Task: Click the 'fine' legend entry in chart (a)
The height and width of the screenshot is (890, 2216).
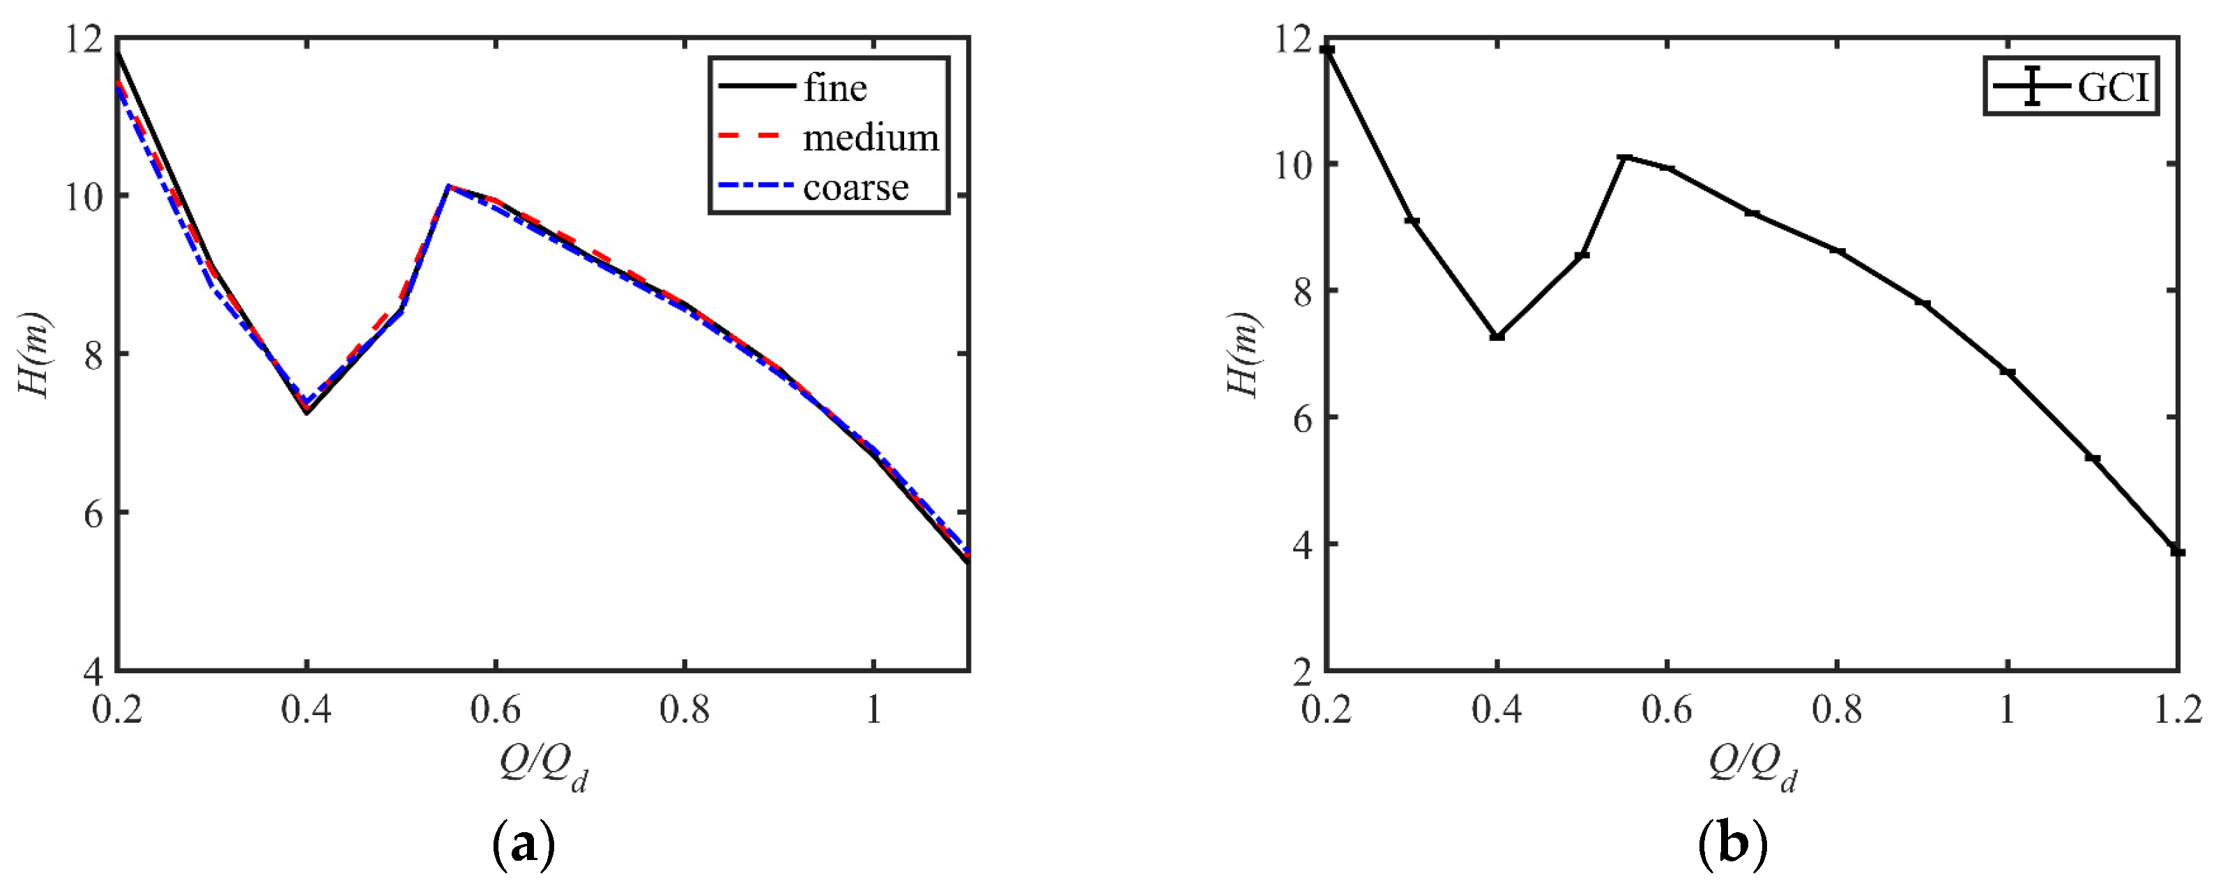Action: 834,88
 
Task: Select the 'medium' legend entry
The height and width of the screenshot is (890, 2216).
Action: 870,137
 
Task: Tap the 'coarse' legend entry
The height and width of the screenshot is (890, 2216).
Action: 855,187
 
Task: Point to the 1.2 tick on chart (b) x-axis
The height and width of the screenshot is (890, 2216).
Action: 2177,710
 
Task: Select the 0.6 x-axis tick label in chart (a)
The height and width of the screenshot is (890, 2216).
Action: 496,710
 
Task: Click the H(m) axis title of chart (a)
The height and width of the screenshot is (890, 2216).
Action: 34,354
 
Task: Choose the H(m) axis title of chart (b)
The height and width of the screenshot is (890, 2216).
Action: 1243,354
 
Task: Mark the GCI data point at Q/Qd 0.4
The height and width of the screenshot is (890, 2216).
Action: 1497,336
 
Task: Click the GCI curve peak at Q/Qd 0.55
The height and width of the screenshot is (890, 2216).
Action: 1624,158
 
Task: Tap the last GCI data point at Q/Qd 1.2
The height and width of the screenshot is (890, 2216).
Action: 2177,551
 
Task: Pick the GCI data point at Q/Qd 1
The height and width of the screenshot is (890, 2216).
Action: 2007,371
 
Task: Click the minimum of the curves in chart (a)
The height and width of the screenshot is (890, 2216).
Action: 306,411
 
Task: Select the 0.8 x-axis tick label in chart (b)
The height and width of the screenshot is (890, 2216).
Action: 1837,710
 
